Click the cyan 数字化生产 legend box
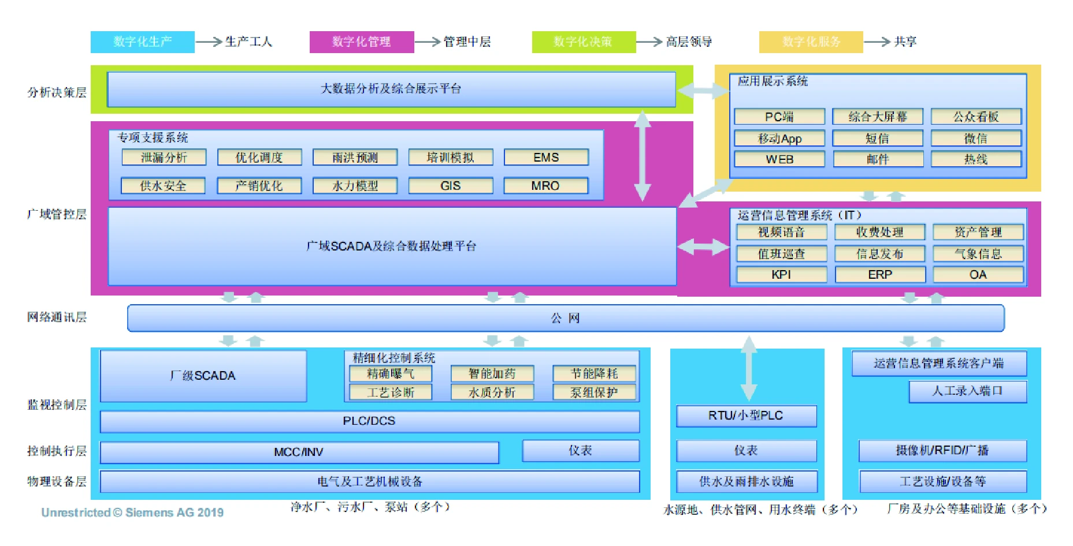pos(142,42)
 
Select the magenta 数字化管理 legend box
pos(361,42)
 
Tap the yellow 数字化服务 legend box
pos(811,42)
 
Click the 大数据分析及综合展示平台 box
pos(391,89)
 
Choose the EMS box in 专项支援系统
pos(546,157)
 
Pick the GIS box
pos(451,185)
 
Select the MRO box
pos(546,185)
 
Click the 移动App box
pos(779,139)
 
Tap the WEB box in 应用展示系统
pos(779,159)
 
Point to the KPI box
pos(781,275)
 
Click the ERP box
pos(880,275)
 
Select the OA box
pos(978,275)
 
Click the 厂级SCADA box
pos(203,376)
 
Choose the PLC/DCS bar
pos(369,421)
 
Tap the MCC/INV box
pos(299,452)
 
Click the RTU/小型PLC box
pos(746,416)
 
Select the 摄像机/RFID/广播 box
pos(942,450)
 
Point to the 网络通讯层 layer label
pos(57,317)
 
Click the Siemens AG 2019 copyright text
pos(132,513)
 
